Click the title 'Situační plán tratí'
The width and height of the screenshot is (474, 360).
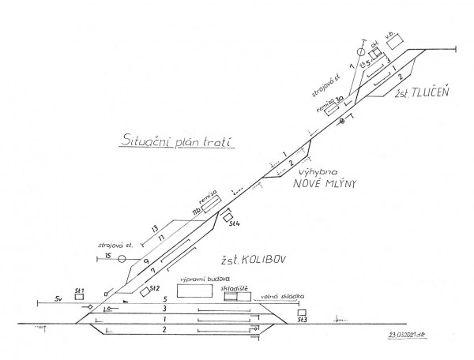click(x=177, y=141)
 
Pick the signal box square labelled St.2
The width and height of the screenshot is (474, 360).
click(x=144, y=291)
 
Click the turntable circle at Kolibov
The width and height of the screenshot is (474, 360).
click(x=122, y=259)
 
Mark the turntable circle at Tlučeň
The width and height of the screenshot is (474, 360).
click(x=362, y=52)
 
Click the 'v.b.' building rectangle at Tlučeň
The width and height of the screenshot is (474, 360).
click(x=393, y=41)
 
